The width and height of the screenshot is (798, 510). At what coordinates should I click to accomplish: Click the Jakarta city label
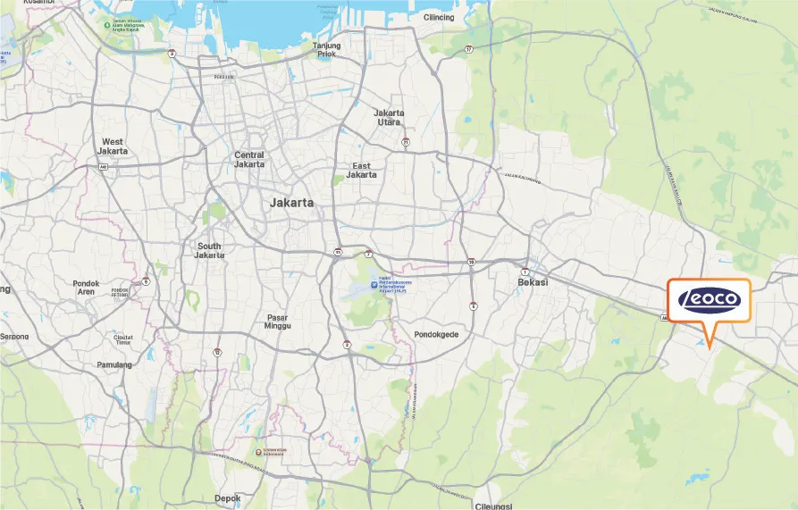(x=291, y=203)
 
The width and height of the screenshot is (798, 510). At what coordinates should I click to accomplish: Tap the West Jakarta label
(x=113, y=146)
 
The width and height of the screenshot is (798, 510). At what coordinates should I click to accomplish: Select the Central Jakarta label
(x=249, y=160)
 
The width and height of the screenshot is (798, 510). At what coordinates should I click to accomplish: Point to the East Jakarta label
(x=362, y=171)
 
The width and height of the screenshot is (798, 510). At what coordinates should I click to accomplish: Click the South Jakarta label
(x=209, y=250)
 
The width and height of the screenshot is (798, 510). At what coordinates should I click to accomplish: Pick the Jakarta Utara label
(x=389, y=118)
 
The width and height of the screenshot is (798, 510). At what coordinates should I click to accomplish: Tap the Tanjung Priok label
(x=327, y=49)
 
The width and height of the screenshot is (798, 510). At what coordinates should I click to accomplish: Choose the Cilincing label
(x=439, y=17)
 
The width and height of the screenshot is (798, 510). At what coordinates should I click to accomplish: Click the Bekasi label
(x=533, y=282)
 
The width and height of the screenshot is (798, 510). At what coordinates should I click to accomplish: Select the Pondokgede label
(x=436, y=335)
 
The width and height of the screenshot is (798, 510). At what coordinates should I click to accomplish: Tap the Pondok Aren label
(x=86, y=288)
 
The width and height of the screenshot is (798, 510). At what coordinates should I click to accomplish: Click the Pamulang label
(x=113, y=364)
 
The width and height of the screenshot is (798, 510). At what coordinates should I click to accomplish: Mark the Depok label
(x=228, y=498)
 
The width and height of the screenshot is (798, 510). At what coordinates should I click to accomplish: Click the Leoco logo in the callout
(x=709, y=299)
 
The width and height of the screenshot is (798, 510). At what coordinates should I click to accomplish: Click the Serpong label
(x=13, y=337)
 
